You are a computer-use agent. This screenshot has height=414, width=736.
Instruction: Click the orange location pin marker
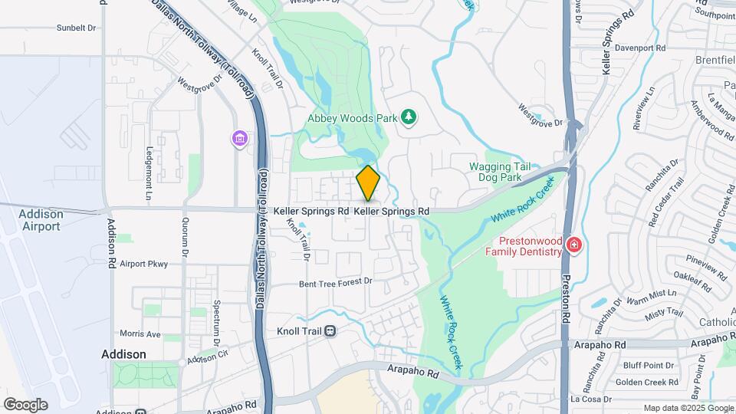pyautogui.click(x=368, y=183)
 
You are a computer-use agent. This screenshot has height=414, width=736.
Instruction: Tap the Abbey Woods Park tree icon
pyautogui.click(x=409, y=117)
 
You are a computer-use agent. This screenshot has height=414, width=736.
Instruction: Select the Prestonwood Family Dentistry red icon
pyautogui.click(x=573, y=246)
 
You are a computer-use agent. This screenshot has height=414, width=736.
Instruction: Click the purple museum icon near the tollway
pyautogui.click(x=241, y=139)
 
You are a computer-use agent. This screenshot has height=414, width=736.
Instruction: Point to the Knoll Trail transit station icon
pyautogui.click(x=330, y=331)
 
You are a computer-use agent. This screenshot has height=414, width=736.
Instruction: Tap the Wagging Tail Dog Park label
pyautogui.click(x=495, y=172)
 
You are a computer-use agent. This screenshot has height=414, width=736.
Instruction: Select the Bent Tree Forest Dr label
pyautogui.click(x=335, y=282)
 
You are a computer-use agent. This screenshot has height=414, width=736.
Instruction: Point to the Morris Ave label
pyautogui.click(x=140, y=334)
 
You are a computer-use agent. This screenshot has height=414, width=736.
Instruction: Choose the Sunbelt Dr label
pyautogui.click(x=76, y=28)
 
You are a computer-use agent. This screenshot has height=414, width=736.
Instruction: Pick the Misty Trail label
pyautogui.click(x=664, y=313)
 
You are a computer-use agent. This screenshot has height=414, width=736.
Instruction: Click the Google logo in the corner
pyautogui.click(x=25, y=404)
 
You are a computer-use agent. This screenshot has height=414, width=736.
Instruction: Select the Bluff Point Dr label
pyautogui.click(x=648, y=365)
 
